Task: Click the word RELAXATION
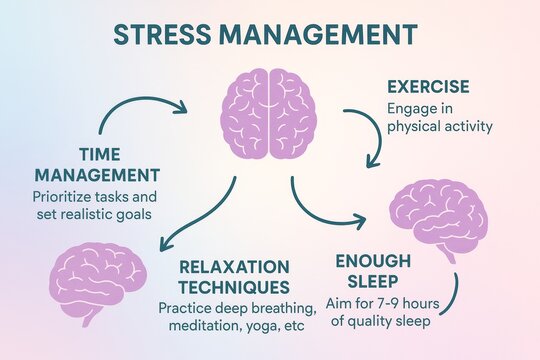tap(232, 268)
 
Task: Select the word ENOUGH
tap(371, 261)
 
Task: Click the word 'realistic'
tap(109, 214)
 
